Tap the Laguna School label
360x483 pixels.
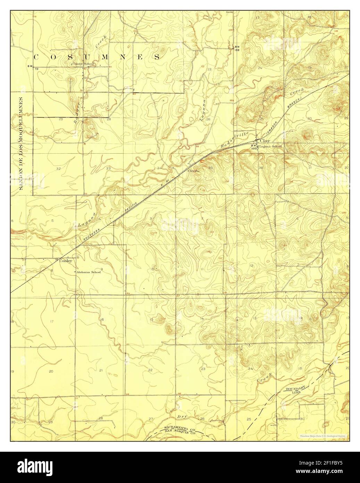click(x=271, y=146)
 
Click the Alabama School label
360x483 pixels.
click(x=89, y=272)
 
